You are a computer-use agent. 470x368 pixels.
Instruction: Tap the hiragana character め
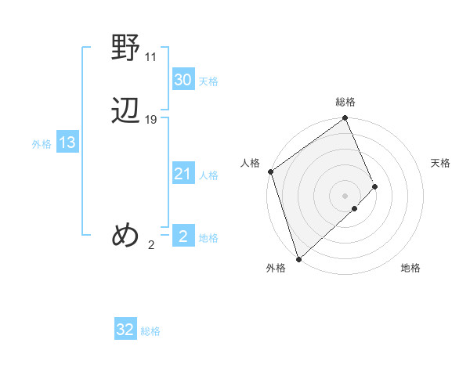[125, 234]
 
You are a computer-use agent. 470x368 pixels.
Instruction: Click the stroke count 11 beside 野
[151, 57]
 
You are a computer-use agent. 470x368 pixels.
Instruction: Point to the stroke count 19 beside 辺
[151, 120]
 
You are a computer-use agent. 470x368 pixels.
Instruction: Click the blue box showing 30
[183, 80]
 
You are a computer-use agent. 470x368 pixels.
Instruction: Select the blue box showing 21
[183, 174]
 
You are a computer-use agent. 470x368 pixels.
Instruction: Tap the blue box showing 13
[67, 143]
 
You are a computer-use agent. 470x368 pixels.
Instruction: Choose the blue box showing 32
[125, 330]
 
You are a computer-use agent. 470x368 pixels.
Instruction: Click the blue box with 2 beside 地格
[183, 236]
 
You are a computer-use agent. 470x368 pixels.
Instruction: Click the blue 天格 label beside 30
[208, 81]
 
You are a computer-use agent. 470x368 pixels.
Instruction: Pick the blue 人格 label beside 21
[209, 175]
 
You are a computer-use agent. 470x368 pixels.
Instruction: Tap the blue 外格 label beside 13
[42, 144]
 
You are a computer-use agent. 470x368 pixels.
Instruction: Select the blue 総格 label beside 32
[150, 331]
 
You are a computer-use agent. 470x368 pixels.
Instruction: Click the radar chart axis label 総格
[345, 102]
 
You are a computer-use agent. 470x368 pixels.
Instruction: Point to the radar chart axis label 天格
[441, 163]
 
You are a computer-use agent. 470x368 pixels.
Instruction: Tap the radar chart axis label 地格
[410, 269]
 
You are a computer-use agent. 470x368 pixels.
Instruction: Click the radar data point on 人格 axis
[270, 171]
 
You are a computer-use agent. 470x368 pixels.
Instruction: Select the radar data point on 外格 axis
[298, 258]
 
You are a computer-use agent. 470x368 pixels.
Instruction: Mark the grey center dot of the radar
[345, 195]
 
